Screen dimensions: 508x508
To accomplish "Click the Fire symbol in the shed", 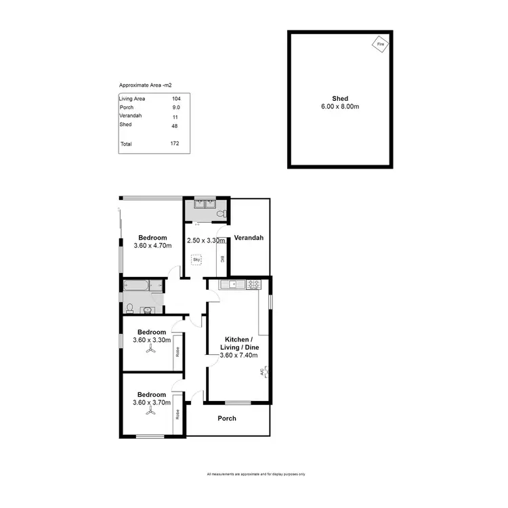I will click(x=380, y=45).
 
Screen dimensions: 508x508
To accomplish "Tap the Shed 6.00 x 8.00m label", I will click(x=341, y=103).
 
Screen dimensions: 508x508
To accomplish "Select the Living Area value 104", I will click(x=176, y=99).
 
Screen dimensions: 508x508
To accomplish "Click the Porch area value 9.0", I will click(x=176, y=107).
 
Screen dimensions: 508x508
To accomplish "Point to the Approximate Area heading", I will click(x=145, y=85).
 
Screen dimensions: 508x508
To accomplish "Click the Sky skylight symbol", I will click(x=196, y=259).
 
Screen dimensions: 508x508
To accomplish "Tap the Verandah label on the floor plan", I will click(x=249, y=238).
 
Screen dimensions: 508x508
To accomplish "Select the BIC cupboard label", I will click(x=222, y=259).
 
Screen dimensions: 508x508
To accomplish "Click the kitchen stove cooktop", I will click(x=253, y=284).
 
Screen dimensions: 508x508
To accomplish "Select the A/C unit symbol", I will click(x=264, y=372).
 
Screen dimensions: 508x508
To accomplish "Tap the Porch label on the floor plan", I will click(x=227, y=418).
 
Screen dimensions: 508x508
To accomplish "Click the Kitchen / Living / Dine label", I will click(x=238, y=343).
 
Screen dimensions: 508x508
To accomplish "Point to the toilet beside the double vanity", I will click(x=219, y=213).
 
